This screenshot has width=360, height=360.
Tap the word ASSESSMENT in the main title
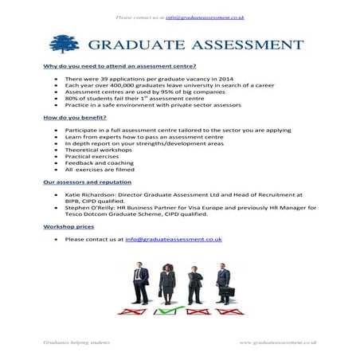click(240, 43)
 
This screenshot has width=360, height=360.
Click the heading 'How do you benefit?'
click(70, 117)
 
